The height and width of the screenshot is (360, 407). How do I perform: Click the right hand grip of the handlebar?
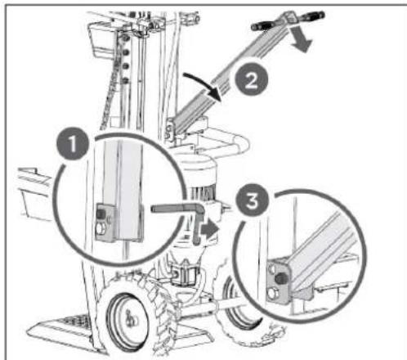311,15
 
